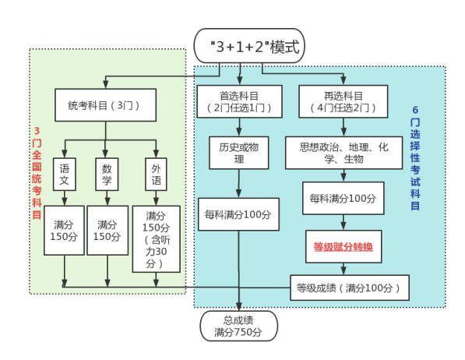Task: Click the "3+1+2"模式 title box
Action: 248,47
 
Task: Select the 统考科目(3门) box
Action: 105,104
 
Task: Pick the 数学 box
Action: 107,176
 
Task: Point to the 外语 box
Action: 156,176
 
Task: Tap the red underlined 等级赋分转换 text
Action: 343,247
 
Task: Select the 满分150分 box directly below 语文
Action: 64,231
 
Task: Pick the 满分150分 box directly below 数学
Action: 107,231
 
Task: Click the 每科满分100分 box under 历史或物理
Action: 238,214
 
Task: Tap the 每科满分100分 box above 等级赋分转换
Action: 343,199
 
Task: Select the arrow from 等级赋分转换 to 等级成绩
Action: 343,269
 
